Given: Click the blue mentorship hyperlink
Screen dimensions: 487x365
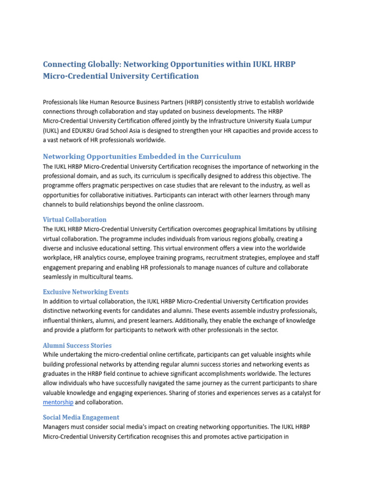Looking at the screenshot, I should [x=58, y=402].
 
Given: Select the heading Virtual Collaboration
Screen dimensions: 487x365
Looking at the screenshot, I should [x=75, y=219].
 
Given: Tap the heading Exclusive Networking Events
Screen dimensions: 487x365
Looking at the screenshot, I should [x=86, y=292].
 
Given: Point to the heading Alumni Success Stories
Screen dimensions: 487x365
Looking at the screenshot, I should [x=77, y=345].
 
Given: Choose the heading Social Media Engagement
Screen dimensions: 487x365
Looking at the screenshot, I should [x=81, y=417].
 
